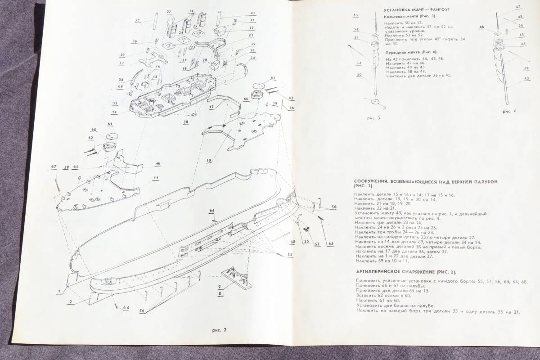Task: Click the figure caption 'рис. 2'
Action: (x=219, y=330)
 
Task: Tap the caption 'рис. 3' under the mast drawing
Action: (x=373, y=118)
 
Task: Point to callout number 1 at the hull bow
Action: (x=58, y=292)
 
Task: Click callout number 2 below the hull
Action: (x=70, y=303)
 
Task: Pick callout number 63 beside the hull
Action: (x=290, y=255)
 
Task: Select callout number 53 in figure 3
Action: (x=355, y=15)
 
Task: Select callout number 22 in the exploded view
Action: (x=251, y=28)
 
